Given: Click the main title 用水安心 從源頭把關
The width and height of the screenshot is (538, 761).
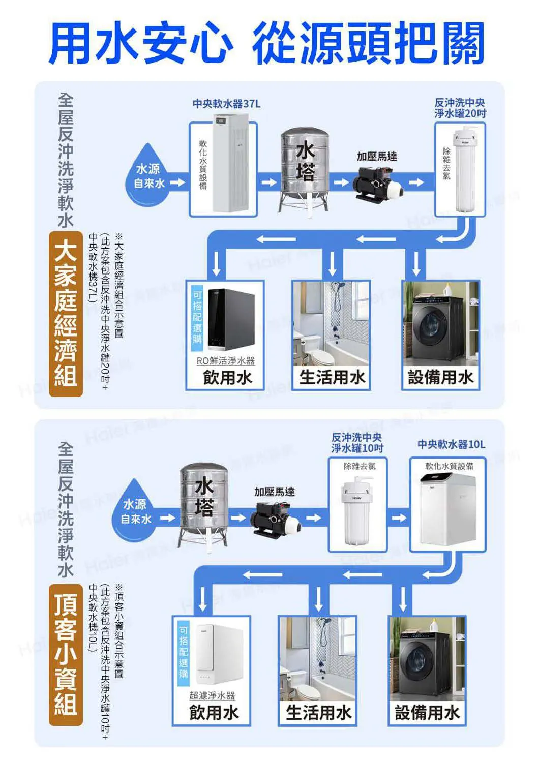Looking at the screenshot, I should click(266, 43).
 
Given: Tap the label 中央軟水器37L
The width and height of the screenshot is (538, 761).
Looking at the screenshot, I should click(226, 104).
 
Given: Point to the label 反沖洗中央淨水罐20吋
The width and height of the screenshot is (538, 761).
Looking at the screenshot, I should click(460, 108).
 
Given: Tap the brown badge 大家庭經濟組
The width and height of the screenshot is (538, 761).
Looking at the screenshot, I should click(66, 314).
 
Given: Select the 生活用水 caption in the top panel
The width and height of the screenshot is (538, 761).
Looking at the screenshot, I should click(332, 377).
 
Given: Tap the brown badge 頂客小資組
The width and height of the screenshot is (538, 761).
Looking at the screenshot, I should click(66, 655).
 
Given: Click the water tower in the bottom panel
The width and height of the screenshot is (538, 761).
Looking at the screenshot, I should click(203, 503).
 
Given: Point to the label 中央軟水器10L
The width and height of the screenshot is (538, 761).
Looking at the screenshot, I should click(451, 444).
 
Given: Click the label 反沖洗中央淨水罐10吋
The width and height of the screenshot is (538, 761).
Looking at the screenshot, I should click(357, 442).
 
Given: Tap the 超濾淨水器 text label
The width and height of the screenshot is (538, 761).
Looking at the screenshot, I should click(212, 695).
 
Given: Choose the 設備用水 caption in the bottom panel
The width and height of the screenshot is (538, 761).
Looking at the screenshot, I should click(427, 712).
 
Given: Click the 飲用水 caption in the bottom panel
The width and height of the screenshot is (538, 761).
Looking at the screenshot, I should click(214, 712).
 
